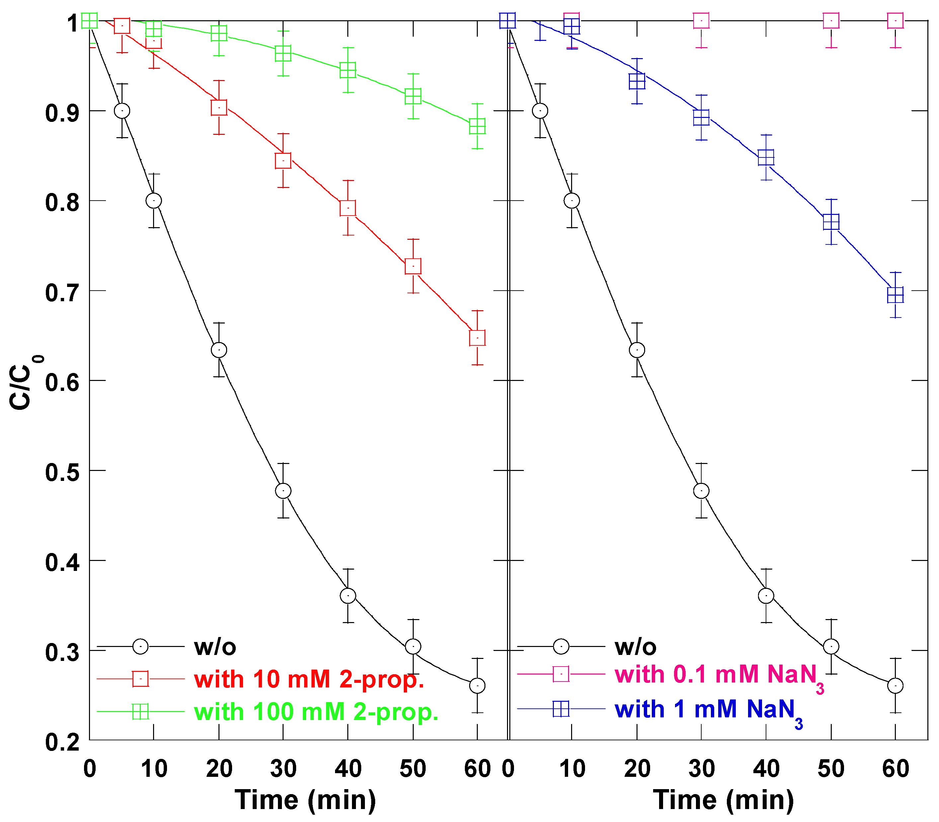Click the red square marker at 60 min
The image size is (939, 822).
[x=477, y=338]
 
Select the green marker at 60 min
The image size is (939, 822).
[x=477, y=126]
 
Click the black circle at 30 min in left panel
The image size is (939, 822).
[x=283, y=491]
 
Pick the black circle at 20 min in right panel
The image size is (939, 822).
[x=637, y=350]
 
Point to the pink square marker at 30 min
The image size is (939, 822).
[x=701, y=21]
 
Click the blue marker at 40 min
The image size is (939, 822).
[x=766, y=157]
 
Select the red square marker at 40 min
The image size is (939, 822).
[x=348, y=208]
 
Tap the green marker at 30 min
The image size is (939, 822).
[x=283, y=54]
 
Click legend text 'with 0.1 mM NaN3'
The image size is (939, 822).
[x=719, y=675]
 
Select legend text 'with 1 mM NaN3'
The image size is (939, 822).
[x=708, y=710]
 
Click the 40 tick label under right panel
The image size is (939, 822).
[x=766, y=768]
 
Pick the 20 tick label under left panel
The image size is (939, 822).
[x=219, y=768]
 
